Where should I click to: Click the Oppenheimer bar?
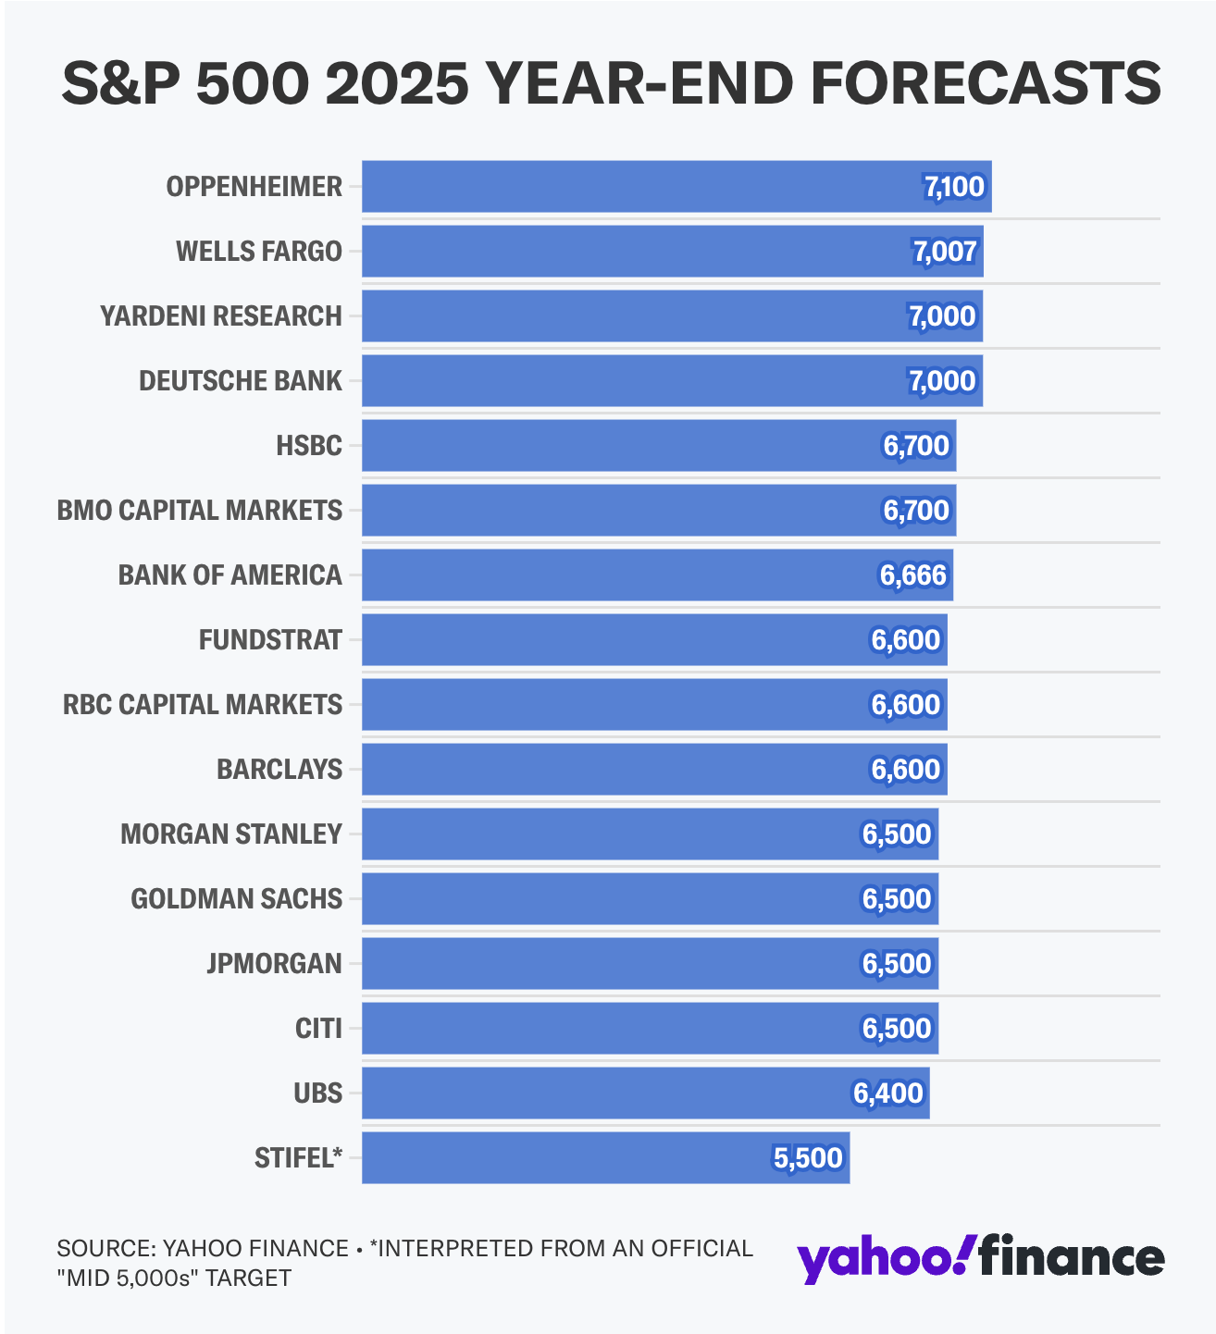676,187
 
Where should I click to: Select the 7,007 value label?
945,252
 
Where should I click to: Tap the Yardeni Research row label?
221,316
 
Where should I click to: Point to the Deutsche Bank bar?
672,381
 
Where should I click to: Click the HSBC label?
309,446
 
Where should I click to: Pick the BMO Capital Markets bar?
658,511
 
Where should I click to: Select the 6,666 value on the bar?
913,575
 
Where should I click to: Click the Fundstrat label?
270,640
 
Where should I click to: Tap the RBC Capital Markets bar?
653,705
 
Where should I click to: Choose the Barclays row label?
279,770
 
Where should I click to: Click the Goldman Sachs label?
236,899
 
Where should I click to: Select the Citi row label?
318,1029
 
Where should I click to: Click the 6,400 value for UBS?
888,1093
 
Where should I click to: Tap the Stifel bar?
605,1158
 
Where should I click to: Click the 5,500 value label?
808,1158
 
